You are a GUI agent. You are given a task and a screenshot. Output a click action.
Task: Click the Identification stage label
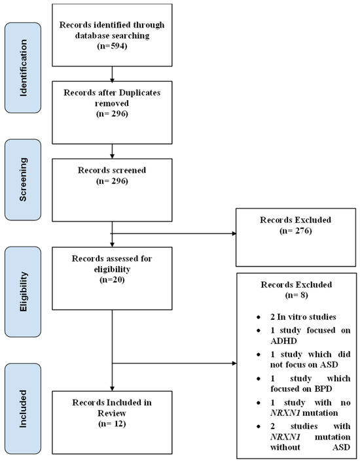[23, 68]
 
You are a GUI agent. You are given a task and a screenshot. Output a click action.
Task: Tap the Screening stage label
[23, 180]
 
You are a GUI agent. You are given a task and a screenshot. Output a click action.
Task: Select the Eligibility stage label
[23, 292]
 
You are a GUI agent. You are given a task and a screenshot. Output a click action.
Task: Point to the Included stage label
[23, 409]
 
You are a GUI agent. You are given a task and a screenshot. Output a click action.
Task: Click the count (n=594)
[112, 46]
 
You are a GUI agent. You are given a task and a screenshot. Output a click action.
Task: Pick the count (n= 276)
[296, 231]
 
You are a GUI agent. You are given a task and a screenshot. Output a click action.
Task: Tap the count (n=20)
[112, 279]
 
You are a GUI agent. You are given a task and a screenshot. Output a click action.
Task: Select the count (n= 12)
[112, 424]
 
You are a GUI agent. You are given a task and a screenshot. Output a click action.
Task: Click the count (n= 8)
[297, 295]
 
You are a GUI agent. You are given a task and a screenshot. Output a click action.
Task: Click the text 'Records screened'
[112, 170]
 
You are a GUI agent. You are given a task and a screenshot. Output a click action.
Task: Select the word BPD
[323, 389]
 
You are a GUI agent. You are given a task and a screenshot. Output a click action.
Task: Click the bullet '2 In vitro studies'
[303, 317]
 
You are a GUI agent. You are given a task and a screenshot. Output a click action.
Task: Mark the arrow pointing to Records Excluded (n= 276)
[174, 233]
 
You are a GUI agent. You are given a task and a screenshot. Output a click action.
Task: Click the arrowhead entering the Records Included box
[112, 388]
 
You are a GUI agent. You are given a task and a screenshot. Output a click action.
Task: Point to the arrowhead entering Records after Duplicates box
[112, 79]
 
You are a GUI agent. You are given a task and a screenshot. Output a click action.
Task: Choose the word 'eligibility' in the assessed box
[112, 269]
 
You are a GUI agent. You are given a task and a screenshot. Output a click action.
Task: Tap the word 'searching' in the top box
[131, 36]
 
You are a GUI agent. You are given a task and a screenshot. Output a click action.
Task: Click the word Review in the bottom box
[112, 413]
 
